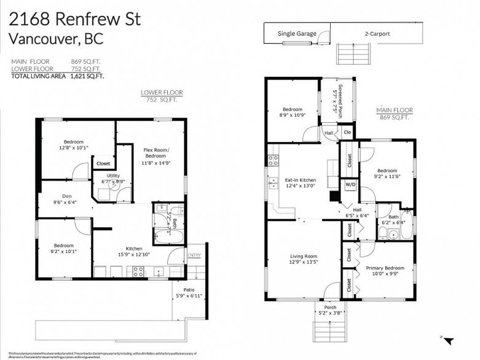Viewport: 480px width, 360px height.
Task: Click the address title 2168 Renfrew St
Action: pyautogui.click(x=75, y=18)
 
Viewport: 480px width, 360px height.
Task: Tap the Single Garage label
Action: pyautogui.click(x=296, y=34)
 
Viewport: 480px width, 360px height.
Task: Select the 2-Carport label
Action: pyautogui.click(x=377, y=34)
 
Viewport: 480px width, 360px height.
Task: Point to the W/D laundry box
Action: pyautogui.click(x=350, y=184)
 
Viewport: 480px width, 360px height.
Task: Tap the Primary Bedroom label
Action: pyautogui.click(x=385, y=268)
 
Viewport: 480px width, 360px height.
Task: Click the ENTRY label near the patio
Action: pyautogui.click(x=194, y=255)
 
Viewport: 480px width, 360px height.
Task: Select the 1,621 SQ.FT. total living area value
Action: pyautogui.click(x=87, y=76)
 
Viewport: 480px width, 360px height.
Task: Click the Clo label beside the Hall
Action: pyautogui.click(x=347, y=132)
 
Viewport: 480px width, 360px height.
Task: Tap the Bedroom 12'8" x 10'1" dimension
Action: pyautogui.click(x=74, y=147)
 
